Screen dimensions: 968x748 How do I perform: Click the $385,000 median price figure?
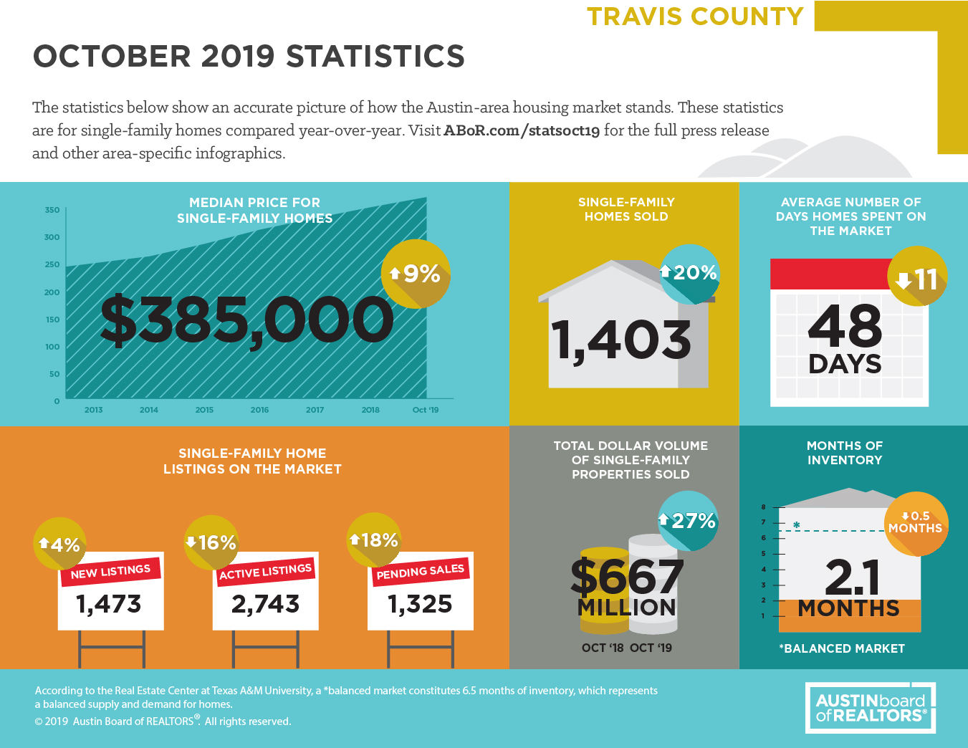(x=246, y=320)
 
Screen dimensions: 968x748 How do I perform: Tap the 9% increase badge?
(x=416, y=274)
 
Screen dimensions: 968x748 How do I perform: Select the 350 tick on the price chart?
(x=52, y=210)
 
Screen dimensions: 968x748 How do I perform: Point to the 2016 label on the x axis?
(x=259, y=410)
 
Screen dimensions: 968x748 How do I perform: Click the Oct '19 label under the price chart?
(x=426, y=410)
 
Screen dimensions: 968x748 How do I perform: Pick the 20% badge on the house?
(x=689, y=274)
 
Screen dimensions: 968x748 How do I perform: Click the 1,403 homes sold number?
(x=621, y=340)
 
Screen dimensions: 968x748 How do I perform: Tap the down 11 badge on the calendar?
(x=917, y=276)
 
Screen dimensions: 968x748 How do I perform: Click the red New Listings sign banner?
(x=110, y=572)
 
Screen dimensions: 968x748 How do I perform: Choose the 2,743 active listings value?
(x=266, y=604)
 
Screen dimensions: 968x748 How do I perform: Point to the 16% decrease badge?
(x=211, y=543)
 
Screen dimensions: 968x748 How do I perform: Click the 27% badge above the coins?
(x=689, y=521)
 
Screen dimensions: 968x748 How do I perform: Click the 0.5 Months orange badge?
(x=916, y=524)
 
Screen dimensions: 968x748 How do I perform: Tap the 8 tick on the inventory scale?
(x=764, y=507)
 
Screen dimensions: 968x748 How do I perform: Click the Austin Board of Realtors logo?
(x=871, y=708)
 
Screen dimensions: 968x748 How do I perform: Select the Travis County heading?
(x=695, y=16)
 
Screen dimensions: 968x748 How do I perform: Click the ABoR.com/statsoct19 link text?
(x=522, y=130)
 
